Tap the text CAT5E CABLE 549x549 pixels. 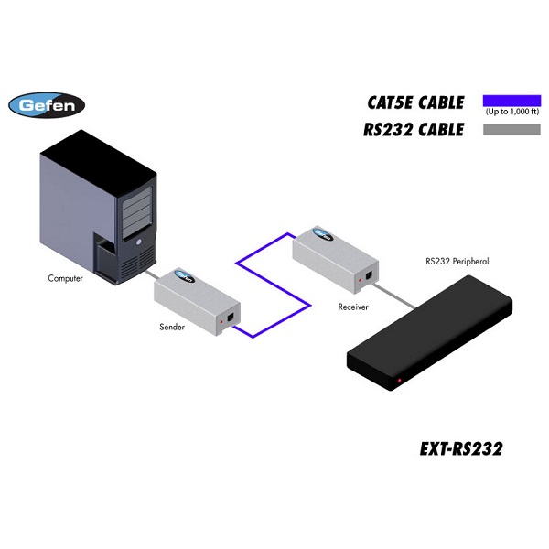[x=414, y=102]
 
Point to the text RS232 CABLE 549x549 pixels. [x=414, y=130]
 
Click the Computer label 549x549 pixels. [x=65, y=278]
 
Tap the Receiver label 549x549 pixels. [x=352, y=307]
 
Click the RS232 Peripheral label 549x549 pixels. [x=457, y=262]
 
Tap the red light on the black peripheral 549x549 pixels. [x=399, y=380]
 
